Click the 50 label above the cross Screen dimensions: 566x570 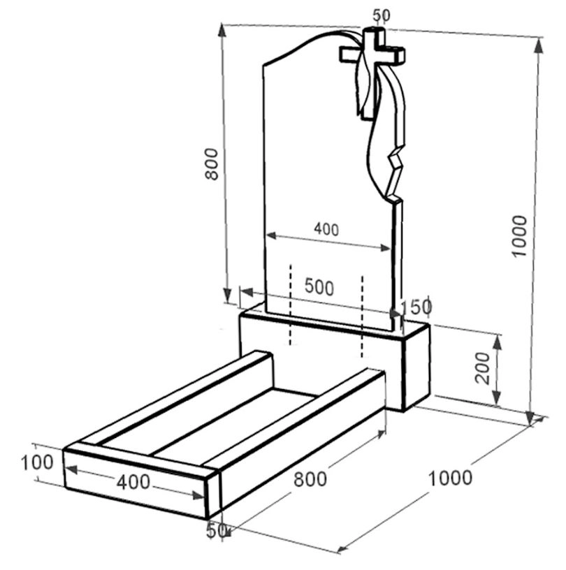click(x=382, y=15)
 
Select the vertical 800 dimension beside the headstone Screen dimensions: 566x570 click(x=212, y=164)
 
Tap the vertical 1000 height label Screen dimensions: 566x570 click(x=519, y=236)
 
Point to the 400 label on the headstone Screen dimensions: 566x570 click(x=326, y=229)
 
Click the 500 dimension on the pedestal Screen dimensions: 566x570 click(x=319, y=286)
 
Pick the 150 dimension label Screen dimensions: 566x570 click(x=416, y=307)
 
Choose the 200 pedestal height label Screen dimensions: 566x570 click(x=483, y=368)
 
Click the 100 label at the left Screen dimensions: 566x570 click(x=37, y=462)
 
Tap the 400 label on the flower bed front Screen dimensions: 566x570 click(x=133, y=482)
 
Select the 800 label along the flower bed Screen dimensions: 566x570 click(x=310, y=478)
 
